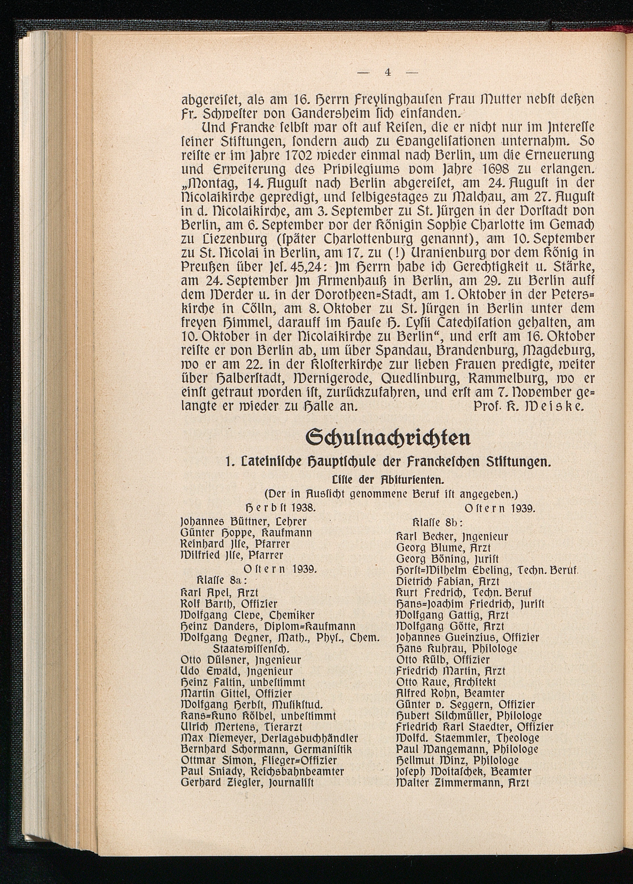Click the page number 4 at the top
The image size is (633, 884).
tap(387, 73)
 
